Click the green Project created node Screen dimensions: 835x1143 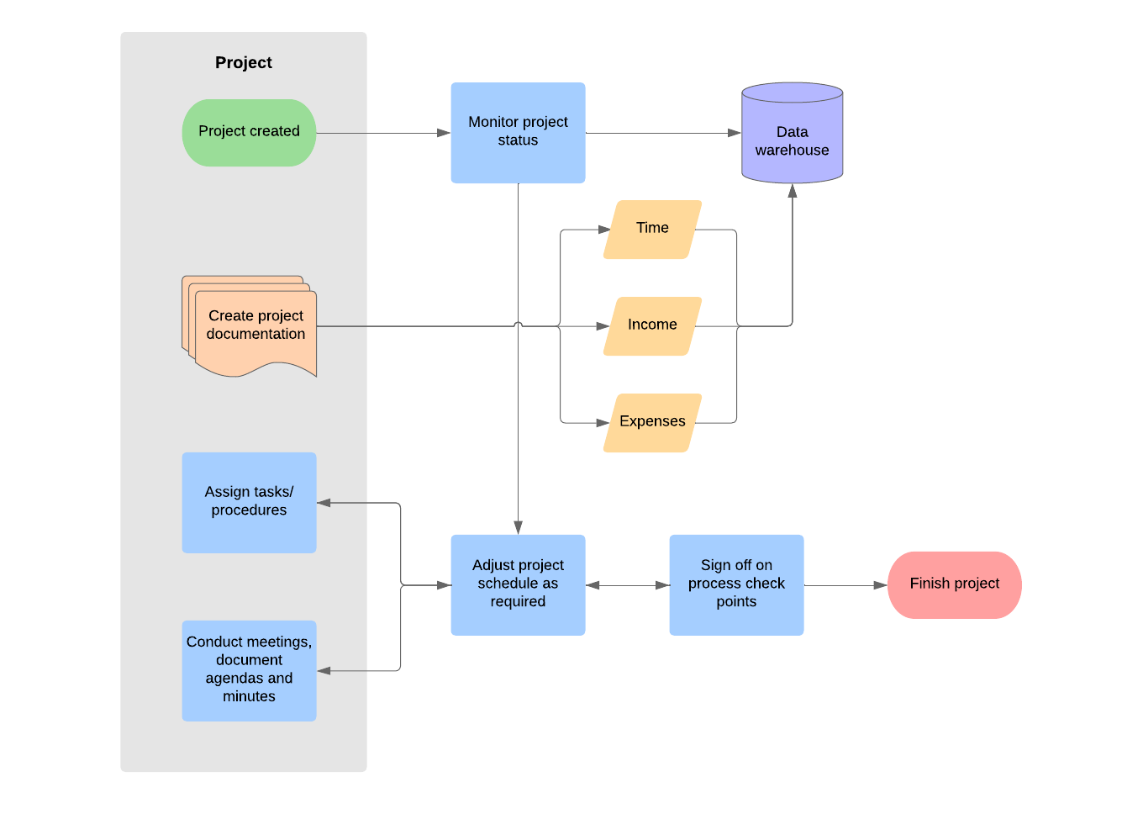click(249, 132)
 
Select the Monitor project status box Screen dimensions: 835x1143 click(518, 132)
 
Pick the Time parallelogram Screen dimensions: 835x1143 click(652, 229)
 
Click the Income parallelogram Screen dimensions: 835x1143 click(652, 325)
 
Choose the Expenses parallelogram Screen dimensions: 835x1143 click(652, 422)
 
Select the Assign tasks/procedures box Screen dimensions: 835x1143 click(249, 502)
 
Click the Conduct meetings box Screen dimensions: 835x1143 click(249, 670)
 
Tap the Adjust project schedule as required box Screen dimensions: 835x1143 click(518, 584)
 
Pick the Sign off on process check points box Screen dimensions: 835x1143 click(736, 584)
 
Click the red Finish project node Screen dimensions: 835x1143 click(954, 584)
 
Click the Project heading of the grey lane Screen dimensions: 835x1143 click(244, 63)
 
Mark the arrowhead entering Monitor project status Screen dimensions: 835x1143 click(444, 133)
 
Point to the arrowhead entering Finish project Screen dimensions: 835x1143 click(880, 585)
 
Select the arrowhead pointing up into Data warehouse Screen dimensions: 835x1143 click(792, 192)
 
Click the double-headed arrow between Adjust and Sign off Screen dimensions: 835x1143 click(627, 585)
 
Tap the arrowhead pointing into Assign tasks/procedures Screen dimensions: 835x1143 click(324, 503)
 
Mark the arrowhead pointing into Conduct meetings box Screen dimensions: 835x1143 click(324, 670)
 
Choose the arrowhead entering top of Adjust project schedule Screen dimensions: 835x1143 click(518, 527)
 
